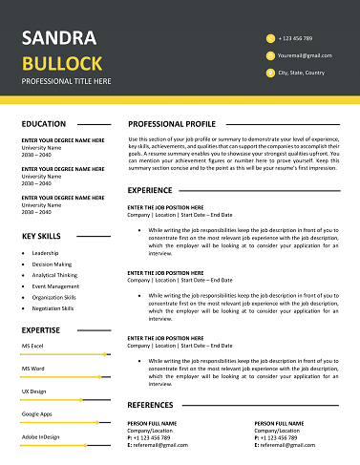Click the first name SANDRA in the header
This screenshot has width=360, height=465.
coord(58,38)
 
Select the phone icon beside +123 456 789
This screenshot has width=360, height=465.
coord(270,38)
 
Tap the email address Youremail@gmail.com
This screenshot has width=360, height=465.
coord(306,55)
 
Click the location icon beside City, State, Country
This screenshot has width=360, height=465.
coord(270,73)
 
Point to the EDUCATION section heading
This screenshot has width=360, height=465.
coord(44,124)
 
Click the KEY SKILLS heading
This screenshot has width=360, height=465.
coord(42,236)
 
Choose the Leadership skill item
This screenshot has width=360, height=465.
coord(45,253)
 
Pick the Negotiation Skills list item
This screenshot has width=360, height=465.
coord(53,308)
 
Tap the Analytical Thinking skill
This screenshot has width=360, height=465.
coord(54,275)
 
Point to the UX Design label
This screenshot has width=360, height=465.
coord(34,391)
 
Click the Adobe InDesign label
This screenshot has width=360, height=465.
coord(40,436)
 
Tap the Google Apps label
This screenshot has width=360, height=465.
coord(36,414)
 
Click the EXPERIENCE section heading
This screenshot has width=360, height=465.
coord(150,190)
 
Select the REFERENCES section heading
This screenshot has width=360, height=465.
coord(151,405)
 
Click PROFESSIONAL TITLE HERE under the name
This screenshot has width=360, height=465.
coord(66,81)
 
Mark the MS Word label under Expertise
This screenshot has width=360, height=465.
coord(32,368)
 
